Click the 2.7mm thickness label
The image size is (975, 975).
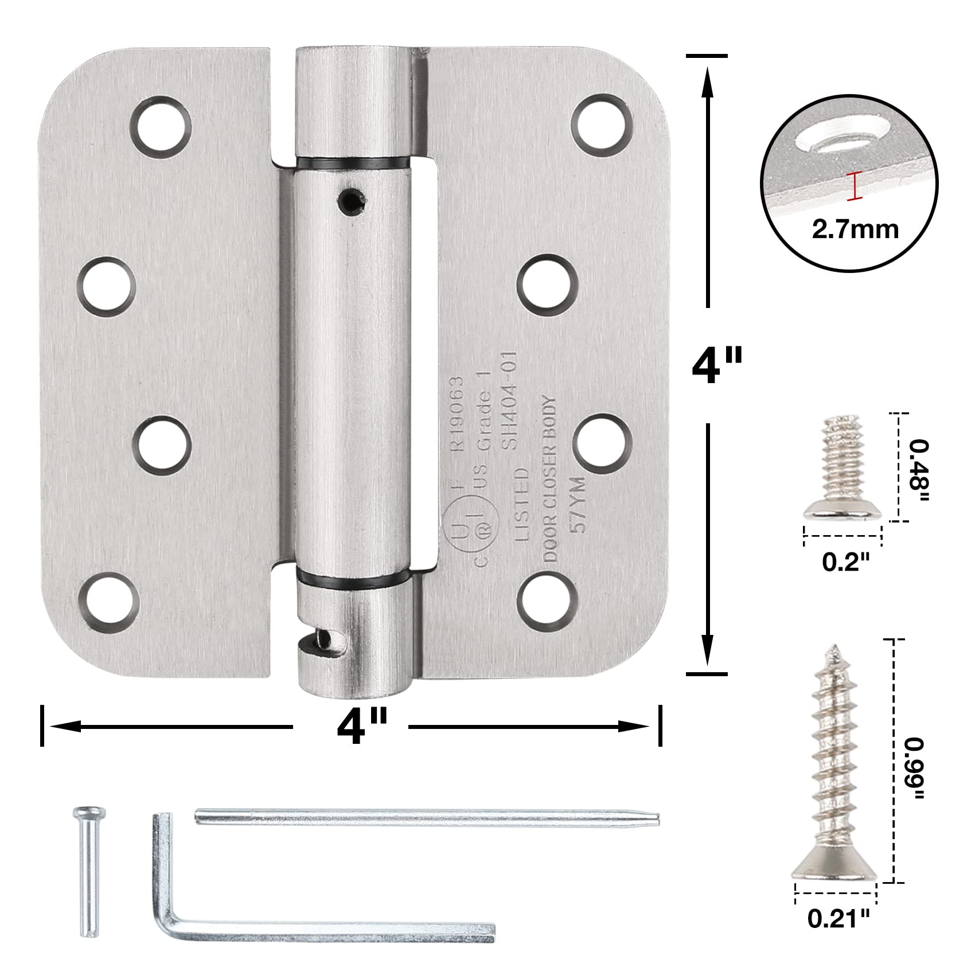(x=855, y=229)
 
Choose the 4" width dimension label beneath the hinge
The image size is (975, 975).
(x=356, y=726)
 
